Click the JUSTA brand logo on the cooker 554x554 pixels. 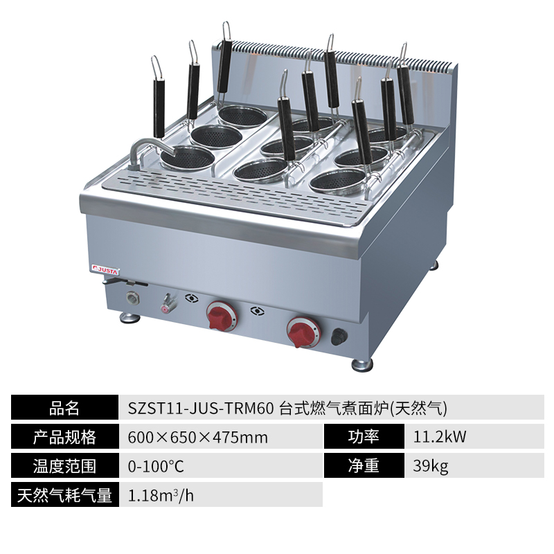[106, 270]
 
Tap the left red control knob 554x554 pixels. [221, 315]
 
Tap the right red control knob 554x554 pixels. [303, 332]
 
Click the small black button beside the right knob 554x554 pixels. [339, 337]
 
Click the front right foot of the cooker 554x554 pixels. [362, 364]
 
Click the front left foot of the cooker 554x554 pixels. [130, 317]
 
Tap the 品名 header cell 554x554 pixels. [64, 407]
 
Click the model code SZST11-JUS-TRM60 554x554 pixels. [201, 409]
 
